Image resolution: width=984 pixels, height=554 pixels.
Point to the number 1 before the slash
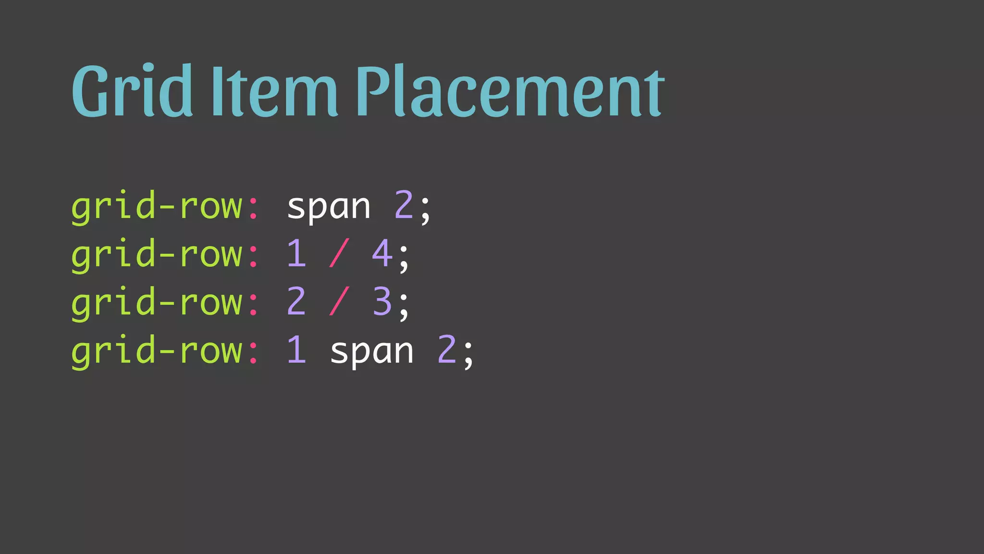(x=296, y=253)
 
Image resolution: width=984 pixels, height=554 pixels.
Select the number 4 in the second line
(x=382, y=253)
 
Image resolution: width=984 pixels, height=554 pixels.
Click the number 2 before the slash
(x=296, y=302)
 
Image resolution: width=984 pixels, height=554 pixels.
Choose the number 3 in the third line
(x=382, y=302)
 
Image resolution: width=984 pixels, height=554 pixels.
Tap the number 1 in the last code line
(x=296, y=350)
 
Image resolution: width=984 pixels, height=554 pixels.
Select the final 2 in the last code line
(x=447, y=350)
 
